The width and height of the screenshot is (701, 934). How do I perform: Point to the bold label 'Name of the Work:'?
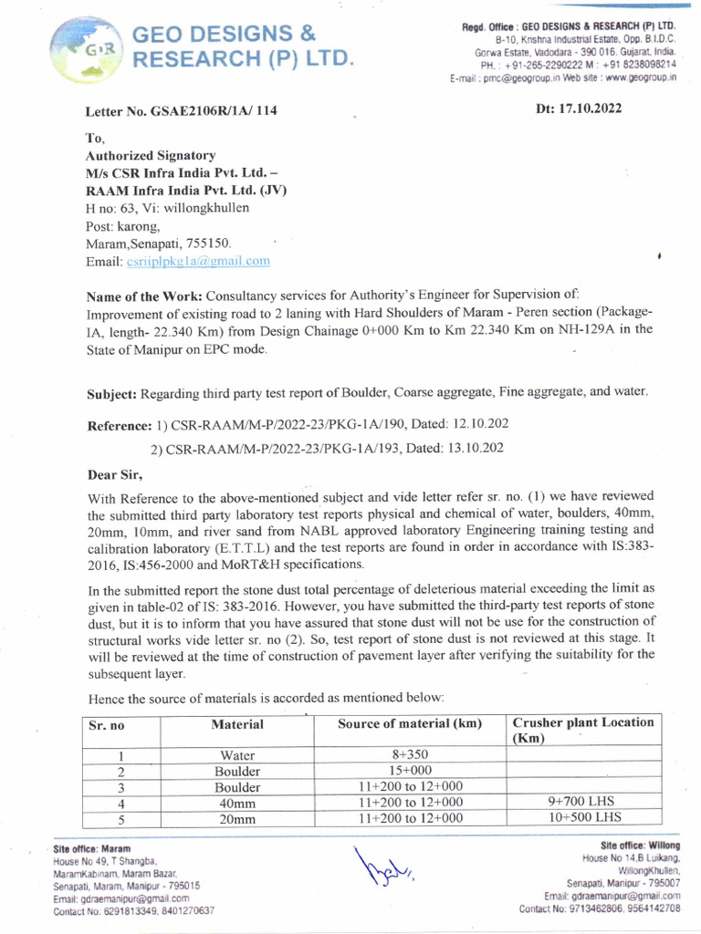pos(144,297)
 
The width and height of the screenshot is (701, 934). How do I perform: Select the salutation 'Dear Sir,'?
pos(115,474)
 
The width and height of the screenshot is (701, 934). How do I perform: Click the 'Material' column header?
pos(237,724)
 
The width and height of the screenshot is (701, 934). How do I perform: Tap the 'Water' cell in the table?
pos(237,755)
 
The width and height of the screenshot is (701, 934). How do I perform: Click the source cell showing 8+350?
pos(409,755)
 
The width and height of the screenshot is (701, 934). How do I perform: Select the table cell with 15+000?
pos(409,771)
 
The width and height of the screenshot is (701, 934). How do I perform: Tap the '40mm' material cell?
pos(237,804)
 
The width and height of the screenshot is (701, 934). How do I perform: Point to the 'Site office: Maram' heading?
pos(91,848)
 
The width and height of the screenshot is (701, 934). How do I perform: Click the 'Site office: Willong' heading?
pos(640,846)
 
